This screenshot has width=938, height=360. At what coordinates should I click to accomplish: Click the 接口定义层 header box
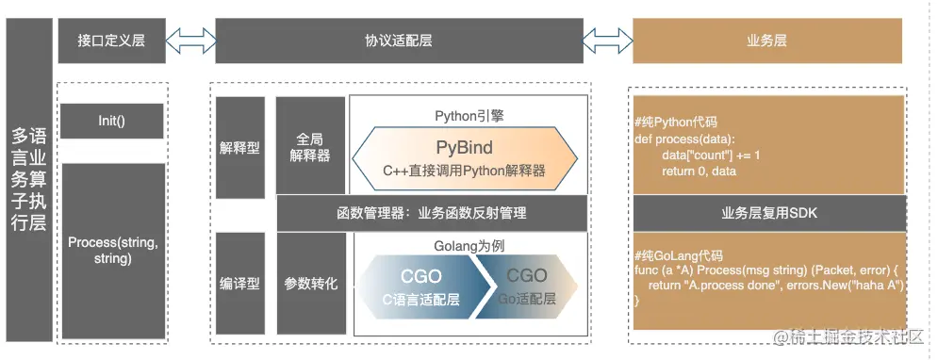110,41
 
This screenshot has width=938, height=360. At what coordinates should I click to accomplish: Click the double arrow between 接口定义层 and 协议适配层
190,41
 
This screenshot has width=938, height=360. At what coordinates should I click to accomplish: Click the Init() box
111,121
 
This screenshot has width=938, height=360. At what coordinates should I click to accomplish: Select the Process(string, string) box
111,250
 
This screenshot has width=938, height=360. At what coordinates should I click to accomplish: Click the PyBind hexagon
464,157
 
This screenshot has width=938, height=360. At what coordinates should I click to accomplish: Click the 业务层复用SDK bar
768,213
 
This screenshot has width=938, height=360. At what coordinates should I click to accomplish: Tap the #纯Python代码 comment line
677,121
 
